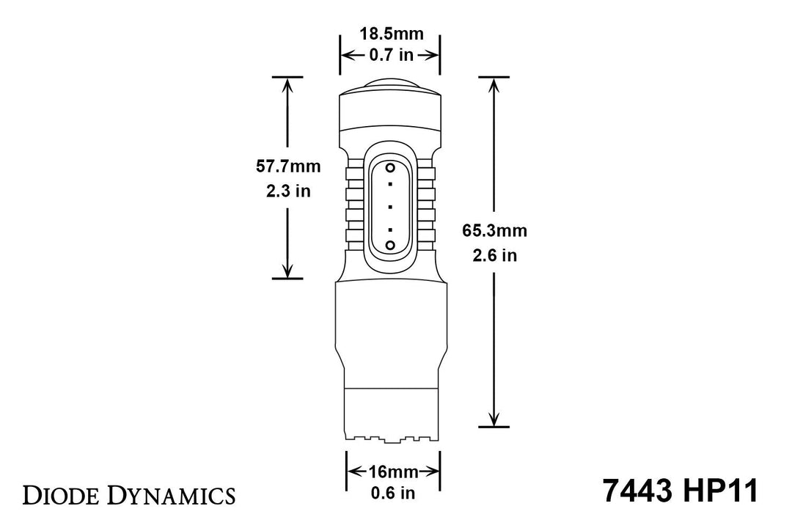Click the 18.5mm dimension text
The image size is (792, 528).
click(x=389, y=33)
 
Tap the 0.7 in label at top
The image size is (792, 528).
click(x=389, y=54)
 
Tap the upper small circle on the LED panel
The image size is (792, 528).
click(x=390, y=168)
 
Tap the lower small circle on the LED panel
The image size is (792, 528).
click(x=390, y=243)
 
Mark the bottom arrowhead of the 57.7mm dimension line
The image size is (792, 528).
click(x=287, y=271)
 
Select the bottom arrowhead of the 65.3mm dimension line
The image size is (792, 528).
click(x=494, y=419)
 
